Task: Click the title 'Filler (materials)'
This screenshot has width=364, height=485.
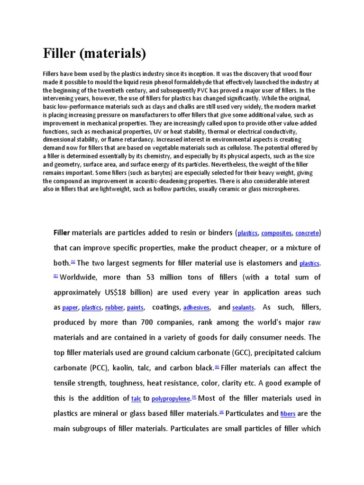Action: click(x=95, y=54)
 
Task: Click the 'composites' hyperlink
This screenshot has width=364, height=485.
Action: click(x=276, y=233)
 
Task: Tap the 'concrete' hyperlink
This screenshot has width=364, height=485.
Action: click(x=308, y=233)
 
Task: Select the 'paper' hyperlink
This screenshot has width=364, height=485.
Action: click(x=70, y=308)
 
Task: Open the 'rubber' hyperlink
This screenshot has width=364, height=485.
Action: click(x=114, y=308)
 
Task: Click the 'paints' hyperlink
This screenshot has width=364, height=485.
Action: click(x=135, y=308)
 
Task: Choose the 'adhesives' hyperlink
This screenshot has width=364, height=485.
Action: click(x=196, y=308)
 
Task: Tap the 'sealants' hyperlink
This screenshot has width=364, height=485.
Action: click(x=243, y=308)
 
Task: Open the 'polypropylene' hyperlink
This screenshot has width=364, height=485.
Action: click(x=171, y=399)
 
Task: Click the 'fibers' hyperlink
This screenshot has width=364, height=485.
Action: click(x=288, y=414)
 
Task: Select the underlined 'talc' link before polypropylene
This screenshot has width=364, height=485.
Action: click(x=136, y=399)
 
